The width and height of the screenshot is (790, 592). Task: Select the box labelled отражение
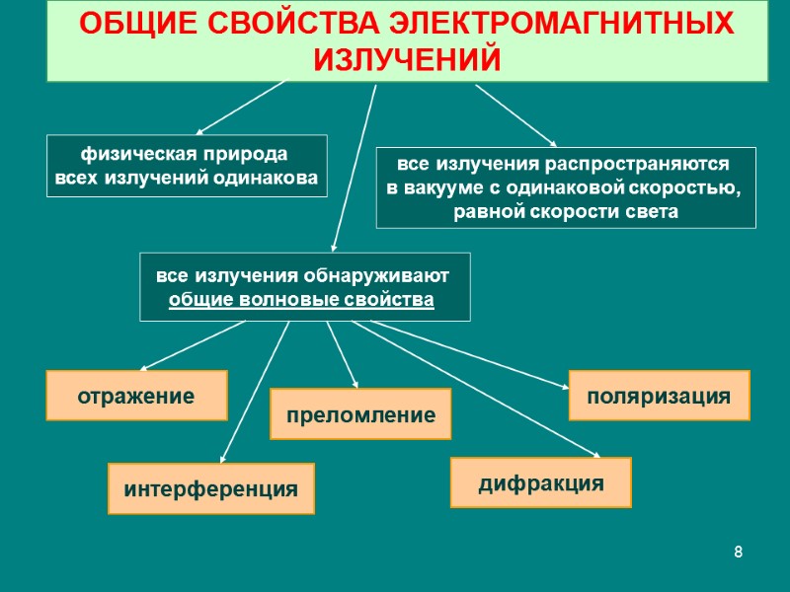click(x=137, y=396)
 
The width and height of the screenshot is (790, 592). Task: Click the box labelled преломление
click(x=360, y=414)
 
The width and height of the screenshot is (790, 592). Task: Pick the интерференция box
click(x=210, y=488)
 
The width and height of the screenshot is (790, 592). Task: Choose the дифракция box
click(x=540, y=482)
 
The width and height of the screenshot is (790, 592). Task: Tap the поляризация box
click(x=659, y=396)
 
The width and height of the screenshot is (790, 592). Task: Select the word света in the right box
click(x=651, y=211)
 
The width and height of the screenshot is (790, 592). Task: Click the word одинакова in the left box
click(x=273, y=179)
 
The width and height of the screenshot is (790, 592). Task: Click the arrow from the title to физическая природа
click(x=242, y=107)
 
